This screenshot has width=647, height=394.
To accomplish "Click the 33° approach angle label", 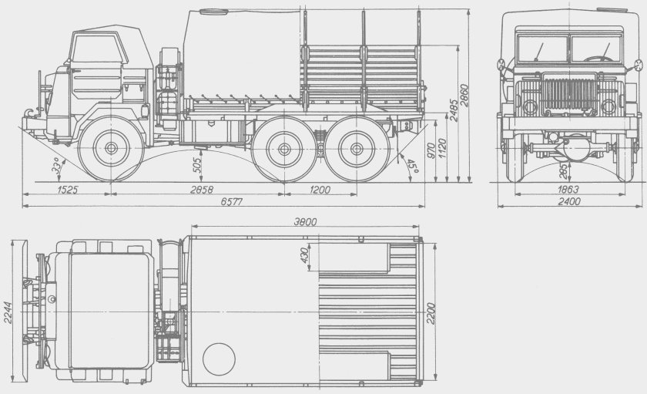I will pyautogui.click(x=55, y=166).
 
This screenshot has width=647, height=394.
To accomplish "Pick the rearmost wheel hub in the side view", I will pyautogui.click(x=351, y=148).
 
